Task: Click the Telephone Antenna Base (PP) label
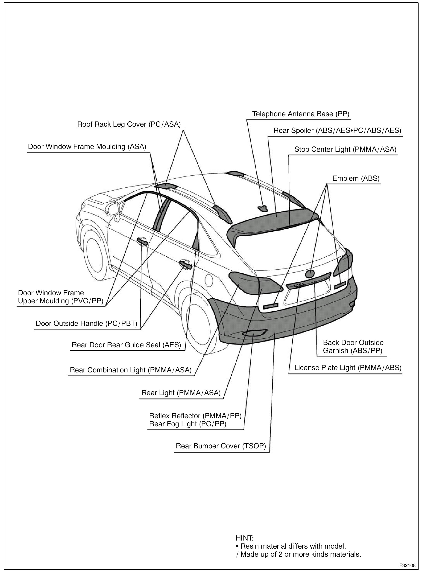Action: pyautogui.click(x=300, y=114)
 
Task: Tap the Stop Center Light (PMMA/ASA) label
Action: pyautogui.click(x=345, y=149)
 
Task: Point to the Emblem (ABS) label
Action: pyautogui.click(x=356, y=178)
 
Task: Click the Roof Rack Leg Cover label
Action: pyautogui.click(x=129, y=124)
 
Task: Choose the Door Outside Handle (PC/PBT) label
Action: pyautogui.click(x=86, y=324)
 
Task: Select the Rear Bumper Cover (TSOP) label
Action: pyautogui.click(x=221, y=446)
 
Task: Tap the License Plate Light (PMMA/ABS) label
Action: pyautogui.click(x=348, y=368)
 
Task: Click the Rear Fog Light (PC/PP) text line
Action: pyautogui.click(x=188, y=424)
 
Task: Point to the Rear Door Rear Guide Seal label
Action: pyautogui.click(x=126, y=345)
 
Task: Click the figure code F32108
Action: pyautogui.click(x=407, y=565)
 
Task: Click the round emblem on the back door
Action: pyautogui.click(x=309, y=273)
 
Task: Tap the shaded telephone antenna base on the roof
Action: pyautogui.click(x=263, y=209)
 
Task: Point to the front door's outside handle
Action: pyautogui.click(x=142, y=242)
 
